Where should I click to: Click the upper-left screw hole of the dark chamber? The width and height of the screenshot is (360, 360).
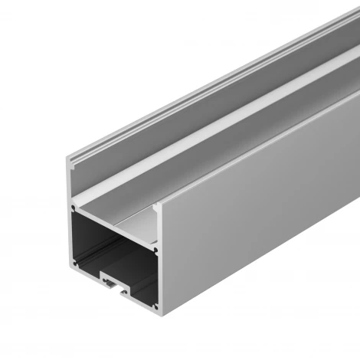[x=74, y=208]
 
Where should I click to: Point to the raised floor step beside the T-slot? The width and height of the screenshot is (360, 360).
[x=138, y=287]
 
